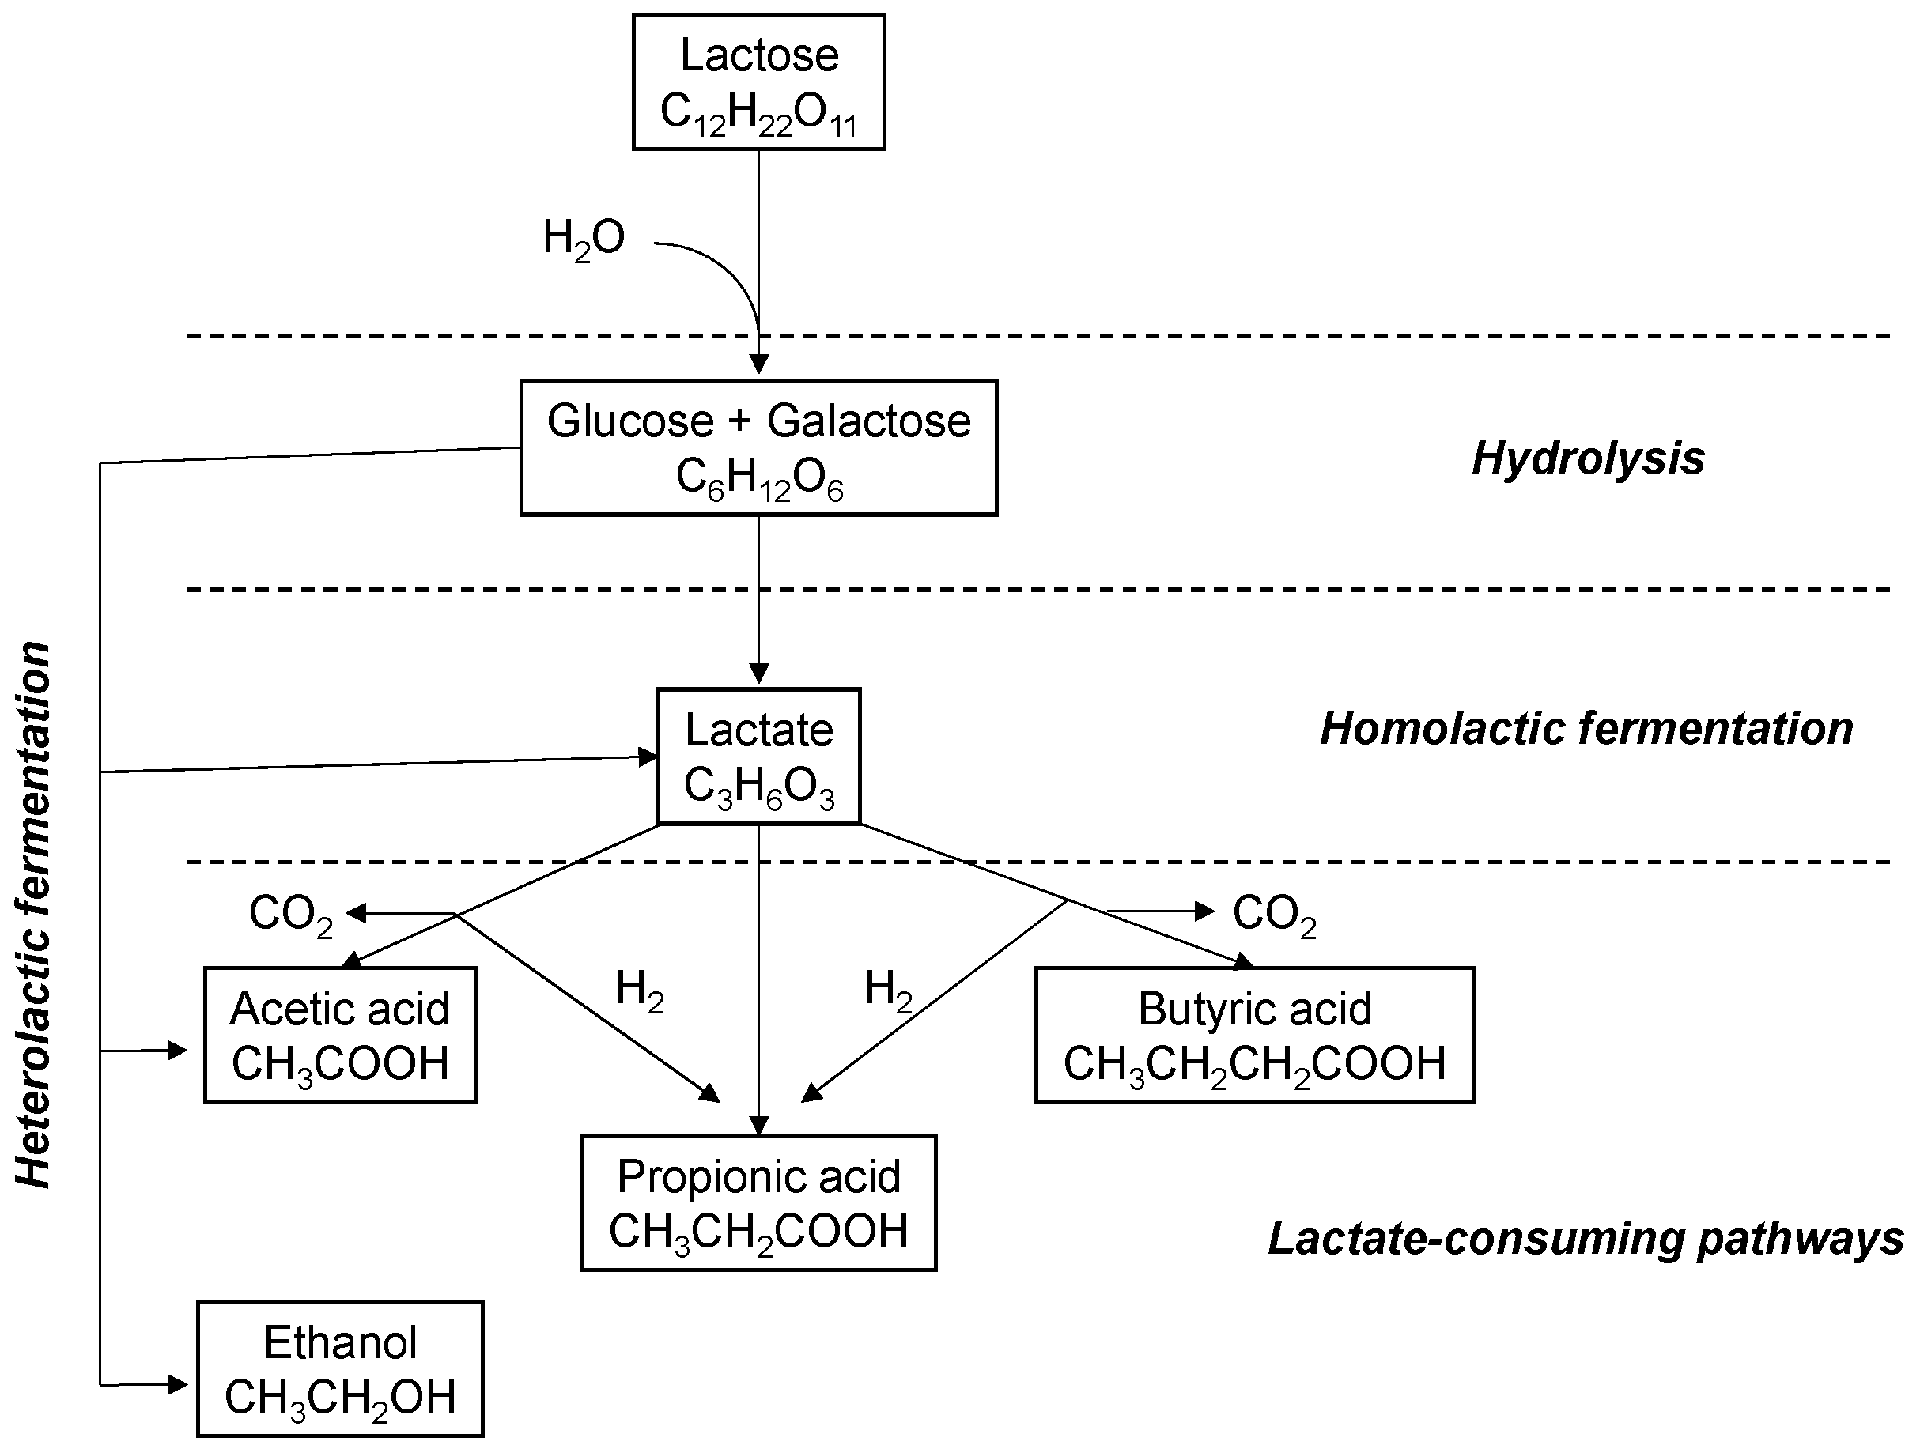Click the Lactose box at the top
[758, 81]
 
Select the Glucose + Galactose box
[758, 447]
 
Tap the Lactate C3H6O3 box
[758, 756]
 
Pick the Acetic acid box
[339, 1035]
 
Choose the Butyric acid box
[1254, 1035]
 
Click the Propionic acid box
[758, 1202]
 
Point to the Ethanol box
[339, 1368]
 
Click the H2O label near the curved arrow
[584, 239]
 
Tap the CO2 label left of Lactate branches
[291, 915]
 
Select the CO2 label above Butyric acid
[1274, 915]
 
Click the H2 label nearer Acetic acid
[640, 990]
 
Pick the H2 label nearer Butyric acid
[888, 990]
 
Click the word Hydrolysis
[1588, 458]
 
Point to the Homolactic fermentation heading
[1586, 729]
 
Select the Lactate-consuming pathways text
[1585, 1238]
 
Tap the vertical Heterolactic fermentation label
[35, 915]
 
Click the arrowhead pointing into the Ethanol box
[178, 1384]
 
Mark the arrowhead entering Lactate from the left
[648, 757]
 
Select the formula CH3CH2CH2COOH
[1254, 1066]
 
